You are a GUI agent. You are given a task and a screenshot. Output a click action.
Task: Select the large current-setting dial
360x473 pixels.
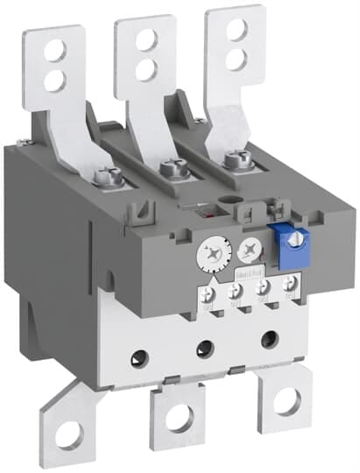(x=214, y=251)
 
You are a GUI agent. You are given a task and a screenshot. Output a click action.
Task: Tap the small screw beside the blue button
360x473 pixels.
(x=252, y=249)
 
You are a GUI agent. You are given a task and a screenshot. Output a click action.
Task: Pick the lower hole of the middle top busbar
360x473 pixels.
(x=147, y=65)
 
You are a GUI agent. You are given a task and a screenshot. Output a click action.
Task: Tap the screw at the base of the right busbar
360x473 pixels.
(x=232, y=159)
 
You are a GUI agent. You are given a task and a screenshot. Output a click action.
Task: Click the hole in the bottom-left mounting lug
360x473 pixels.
(x=68, y=431)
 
